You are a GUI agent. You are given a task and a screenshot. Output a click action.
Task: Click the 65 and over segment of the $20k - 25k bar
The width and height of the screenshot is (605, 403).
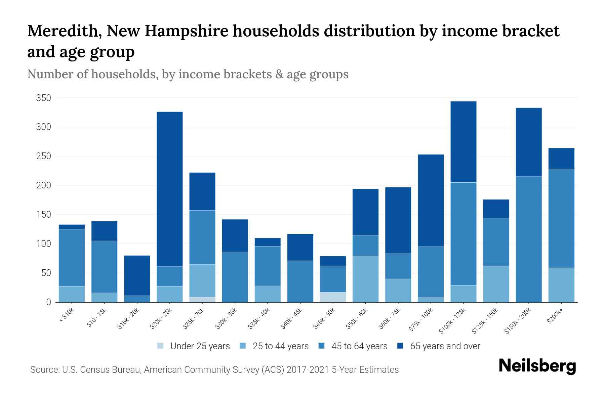tap(170, 189)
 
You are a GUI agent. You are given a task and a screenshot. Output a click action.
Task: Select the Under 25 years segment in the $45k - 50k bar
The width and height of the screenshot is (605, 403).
tap(333, 297)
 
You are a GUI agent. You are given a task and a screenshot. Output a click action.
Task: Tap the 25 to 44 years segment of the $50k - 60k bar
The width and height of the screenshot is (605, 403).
tap(365, 279)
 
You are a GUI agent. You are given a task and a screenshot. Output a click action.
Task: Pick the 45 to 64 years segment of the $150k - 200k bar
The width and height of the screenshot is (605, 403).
tap(529, 239)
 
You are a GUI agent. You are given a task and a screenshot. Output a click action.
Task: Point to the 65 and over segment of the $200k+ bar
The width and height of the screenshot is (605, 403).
tap(561, 159)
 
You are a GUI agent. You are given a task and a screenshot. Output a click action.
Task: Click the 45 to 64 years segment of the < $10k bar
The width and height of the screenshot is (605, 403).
tap(72, 258)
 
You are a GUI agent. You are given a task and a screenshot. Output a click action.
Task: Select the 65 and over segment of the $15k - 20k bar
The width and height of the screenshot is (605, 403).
tap(137, 275)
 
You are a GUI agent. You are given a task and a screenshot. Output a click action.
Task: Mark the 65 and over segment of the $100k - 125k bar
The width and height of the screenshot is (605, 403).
tap(463, 142)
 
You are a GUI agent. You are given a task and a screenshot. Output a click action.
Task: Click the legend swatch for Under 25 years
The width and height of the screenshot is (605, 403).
tap(161, 346)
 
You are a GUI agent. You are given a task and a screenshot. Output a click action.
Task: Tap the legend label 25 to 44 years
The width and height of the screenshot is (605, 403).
tap(280, 346)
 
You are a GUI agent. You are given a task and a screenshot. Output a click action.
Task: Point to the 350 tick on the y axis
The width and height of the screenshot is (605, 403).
tap(44, 98)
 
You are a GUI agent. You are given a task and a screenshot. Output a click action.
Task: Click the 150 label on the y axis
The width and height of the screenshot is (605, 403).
tap(44, 215)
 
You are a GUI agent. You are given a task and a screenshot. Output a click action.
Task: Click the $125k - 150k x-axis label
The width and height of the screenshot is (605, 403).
tap(487, 321)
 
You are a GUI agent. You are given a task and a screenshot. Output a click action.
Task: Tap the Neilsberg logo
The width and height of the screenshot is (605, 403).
tap(537, 366)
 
